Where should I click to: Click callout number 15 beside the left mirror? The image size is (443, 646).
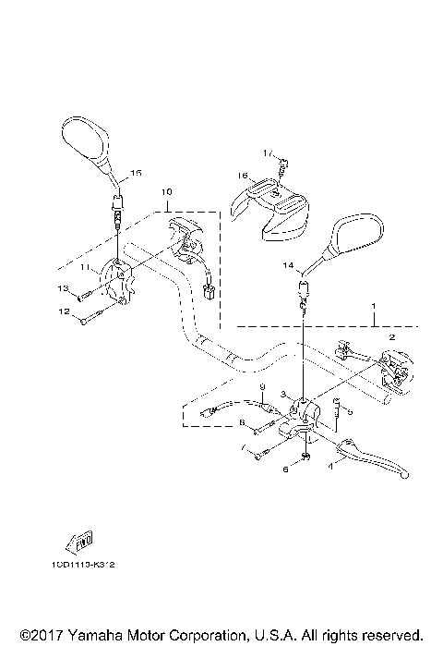tap(136, 173)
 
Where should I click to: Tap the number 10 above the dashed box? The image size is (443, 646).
tap(167, 192)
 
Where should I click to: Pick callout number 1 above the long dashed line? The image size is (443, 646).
tap(374, 305)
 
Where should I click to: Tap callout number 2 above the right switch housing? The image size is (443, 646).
tap(391, 338)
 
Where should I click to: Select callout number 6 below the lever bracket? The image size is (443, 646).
tap(285, 469)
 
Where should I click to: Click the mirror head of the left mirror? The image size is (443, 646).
tap(86, 139)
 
